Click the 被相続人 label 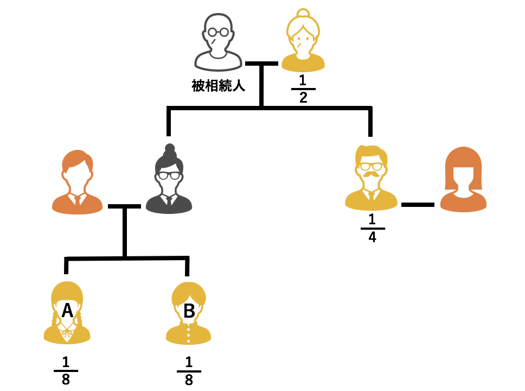coord(218,86)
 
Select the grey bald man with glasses coord(218,43)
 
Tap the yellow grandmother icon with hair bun coord(303,43)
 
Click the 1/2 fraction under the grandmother coord(303,89)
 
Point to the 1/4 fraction coord(372,228)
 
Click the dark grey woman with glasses coord(169,182)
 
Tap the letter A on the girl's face coord(67,310)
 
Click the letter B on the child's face coord(189,311)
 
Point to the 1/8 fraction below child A coord(66,370)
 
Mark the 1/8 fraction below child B coord(189,370)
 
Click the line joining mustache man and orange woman coord(418,205)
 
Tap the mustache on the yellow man coord(372,175)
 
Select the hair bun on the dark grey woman coord(170,148)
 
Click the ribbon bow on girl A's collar coord(67,330)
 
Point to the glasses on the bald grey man coord(218,33)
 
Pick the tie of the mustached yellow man coord(372,197)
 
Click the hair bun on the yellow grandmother coord(303,13)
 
